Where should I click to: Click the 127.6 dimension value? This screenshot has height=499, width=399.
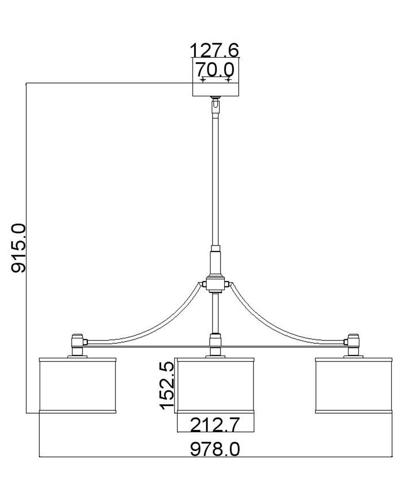[x=214, y=50]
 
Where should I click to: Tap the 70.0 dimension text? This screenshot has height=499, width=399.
[x=215, y=69]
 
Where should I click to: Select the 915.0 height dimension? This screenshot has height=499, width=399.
[x=18, y=248]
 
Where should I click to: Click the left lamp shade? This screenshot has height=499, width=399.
[x=77, y=385]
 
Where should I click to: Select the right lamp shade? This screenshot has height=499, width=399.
[x=354, y=385]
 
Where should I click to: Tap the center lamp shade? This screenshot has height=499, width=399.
[x=216, y=385]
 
